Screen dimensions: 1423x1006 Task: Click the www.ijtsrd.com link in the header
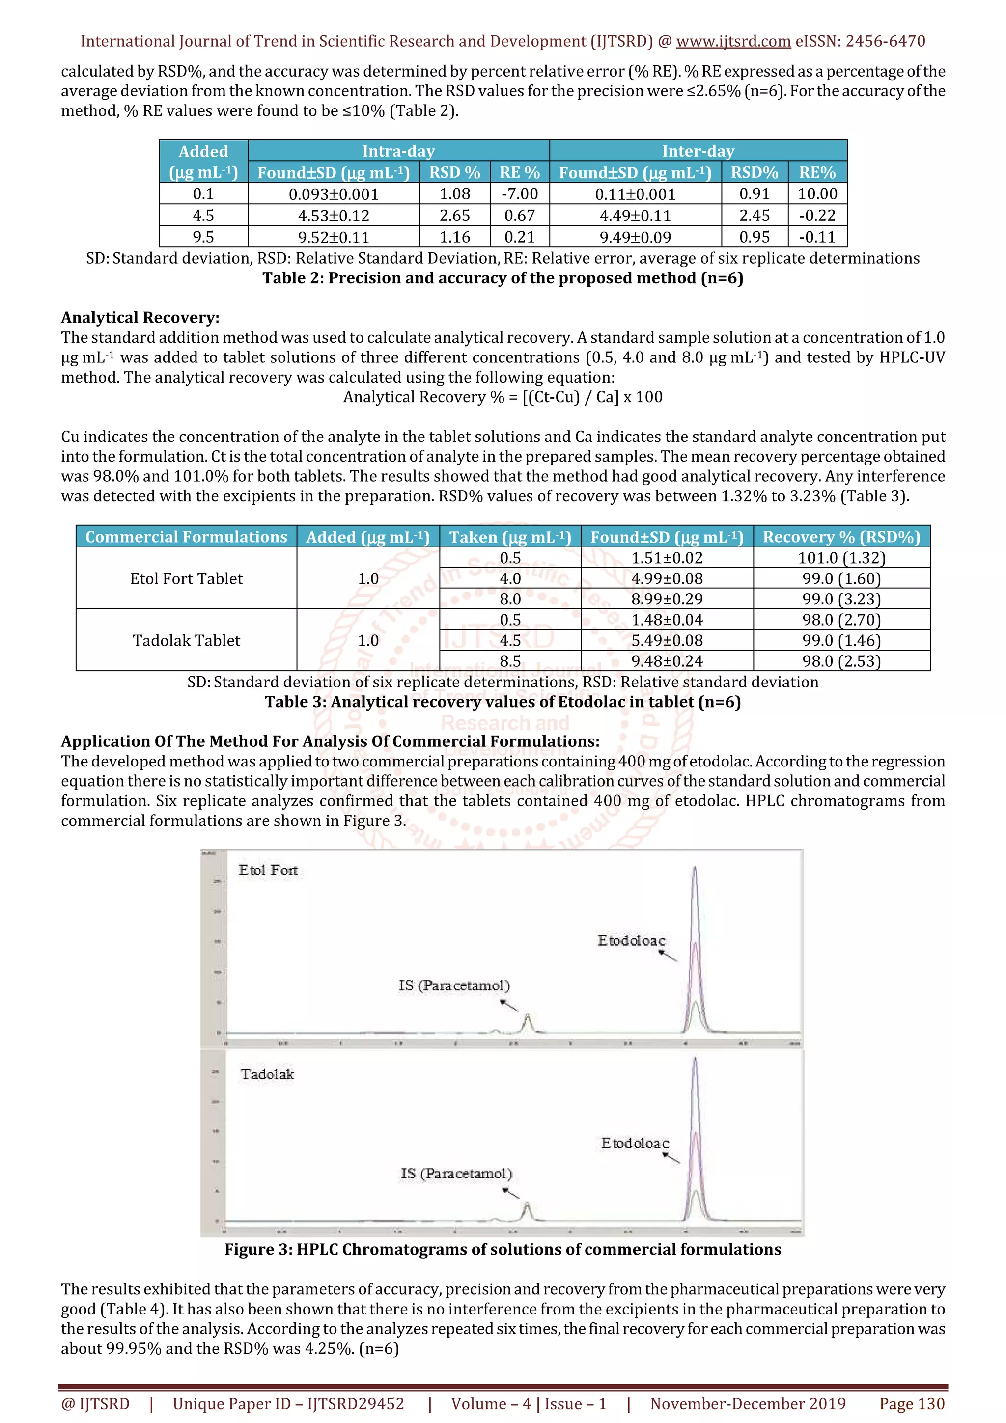[x=733, y=42]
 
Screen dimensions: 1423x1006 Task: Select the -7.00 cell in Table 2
[x=519, y=194]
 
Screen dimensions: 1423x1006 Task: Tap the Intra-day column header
[x=398, y=151]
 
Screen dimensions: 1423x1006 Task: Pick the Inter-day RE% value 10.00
[x=817, y=194]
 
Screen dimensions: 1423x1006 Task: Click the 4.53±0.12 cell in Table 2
[x=334, y=216]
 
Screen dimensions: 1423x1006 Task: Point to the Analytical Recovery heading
[x=140, y=317]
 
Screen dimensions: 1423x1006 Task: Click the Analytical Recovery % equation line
[x=503, y=397]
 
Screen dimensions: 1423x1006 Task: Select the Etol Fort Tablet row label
[x=186, y=578]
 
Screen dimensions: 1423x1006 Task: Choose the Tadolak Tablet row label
[x=186, y=640]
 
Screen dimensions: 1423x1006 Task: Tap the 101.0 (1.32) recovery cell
[x=841, y=558]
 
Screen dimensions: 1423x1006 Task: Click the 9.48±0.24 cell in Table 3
[x=667, y=661]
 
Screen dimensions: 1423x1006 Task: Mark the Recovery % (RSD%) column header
[x=841, y=537]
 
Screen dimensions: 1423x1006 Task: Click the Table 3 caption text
[x=503, y=702]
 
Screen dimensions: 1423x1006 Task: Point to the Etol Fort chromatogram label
[x=268, y=870]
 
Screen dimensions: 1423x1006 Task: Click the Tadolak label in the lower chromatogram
[x=267, y=1074]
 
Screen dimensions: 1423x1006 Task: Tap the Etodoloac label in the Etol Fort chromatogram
[x=631, y=941]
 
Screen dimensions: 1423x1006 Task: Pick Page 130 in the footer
[x=912, y=1404]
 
